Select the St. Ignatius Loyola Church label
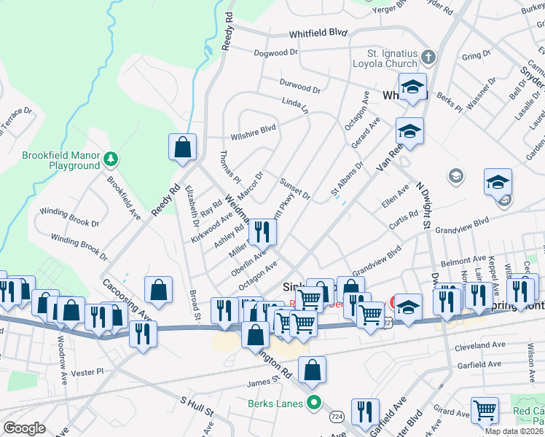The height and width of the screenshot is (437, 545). click(x=393, y=58)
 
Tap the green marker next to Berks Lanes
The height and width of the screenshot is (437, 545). click(x=315, y=401)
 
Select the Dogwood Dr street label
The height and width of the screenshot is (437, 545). click(x=276, y=53)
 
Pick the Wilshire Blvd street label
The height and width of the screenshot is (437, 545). click(x=253, y=129)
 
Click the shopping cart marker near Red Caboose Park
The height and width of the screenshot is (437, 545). click(x=485, y=410)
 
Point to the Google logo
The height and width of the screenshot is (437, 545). click(x=24, y=428)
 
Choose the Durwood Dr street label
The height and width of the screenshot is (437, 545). click(x=299, y=86)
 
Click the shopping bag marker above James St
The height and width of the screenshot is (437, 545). click(x=312, y=370)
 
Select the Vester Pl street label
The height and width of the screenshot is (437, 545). click(x=90, y=371)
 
